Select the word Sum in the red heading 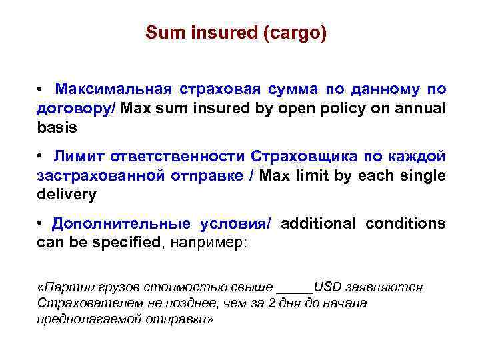coord(159,33)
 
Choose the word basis coord(57,127)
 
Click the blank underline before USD coord(294,288)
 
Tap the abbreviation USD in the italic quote coord(327,287)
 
